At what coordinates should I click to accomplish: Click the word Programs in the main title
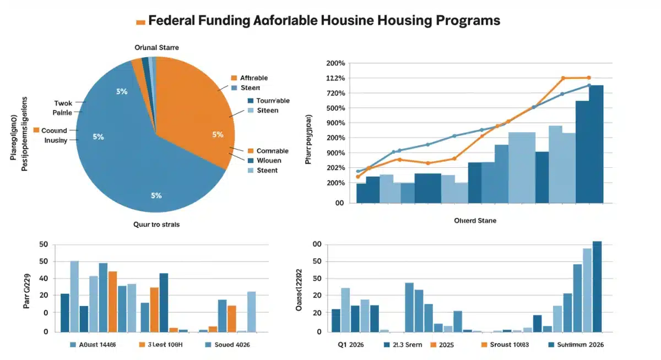(x=467, y=20)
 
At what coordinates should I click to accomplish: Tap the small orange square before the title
(x=140, y=22)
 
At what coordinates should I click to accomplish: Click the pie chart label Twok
(x=63, y=103)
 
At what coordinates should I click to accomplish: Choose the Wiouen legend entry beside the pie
(x=269, y=160)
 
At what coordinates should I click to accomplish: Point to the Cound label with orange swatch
(x=53, y=130)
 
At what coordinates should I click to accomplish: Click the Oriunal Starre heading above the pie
(x=156, y=48)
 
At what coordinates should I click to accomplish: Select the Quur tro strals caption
(x=156, y=225)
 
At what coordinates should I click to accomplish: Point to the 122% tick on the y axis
(x=335, y=78)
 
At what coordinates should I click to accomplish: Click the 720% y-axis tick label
(x=335, y=93)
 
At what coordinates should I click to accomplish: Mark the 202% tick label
(x=335, y=168)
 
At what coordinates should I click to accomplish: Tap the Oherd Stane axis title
(x=475, y=220)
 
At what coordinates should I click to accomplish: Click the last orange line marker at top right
(x=589, y=78)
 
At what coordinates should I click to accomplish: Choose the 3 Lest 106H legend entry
(x=164, y=345)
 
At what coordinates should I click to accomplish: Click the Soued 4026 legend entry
(x=231, y=345)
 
